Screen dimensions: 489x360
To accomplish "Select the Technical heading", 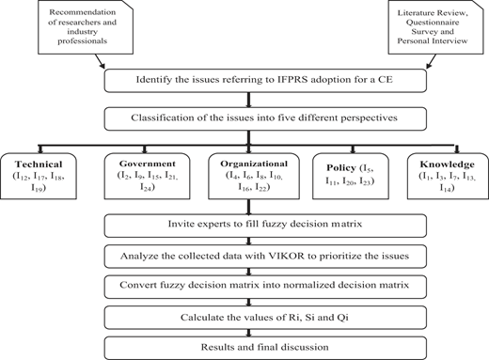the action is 39,164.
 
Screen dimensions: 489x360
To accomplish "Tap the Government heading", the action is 148,164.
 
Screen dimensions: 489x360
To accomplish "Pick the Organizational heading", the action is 254,164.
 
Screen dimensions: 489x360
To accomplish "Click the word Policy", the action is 341,168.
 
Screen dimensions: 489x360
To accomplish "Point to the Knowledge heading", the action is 448,164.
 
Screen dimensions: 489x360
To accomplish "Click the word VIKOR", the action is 287,256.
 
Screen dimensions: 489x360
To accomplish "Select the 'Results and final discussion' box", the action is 265,348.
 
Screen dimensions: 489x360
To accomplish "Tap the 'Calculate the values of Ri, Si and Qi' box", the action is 265,318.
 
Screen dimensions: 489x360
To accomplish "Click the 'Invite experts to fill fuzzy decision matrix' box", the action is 265,226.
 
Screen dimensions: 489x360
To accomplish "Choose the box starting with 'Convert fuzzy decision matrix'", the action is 265,287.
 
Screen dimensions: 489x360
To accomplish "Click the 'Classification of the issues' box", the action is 265,118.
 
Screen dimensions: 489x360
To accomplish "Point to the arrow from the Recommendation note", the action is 100,61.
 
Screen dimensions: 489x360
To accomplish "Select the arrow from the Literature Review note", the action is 432,61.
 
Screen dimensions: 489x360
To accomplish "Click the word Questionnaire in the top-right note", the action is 433,23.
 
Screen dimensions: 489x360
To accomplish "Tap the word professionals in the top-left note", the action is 82,41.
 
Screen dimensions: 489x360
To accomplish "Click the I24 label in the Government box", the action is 148,187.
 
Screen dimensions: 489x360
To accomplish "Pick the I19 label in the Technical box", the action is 39,188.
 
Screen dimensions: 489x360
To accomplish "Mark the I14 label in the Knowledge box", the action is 448,188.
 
